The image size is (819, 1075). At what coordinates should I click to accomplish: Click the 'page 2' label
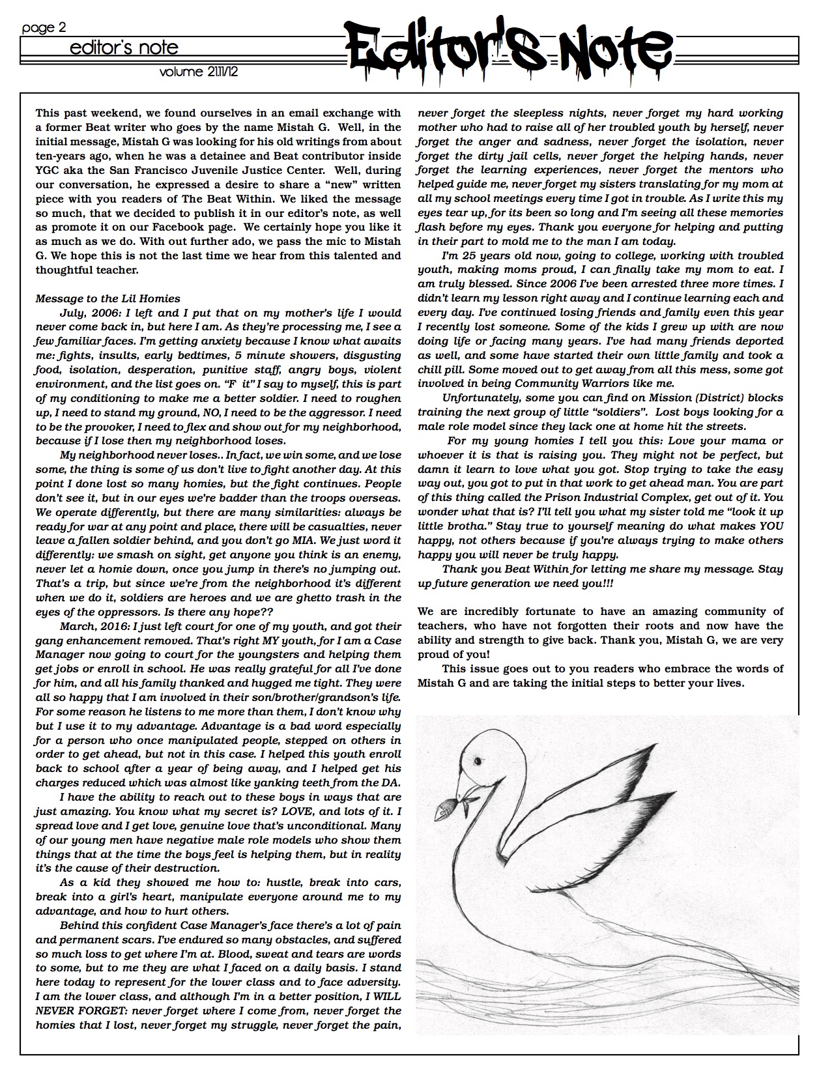(x=44, y=28)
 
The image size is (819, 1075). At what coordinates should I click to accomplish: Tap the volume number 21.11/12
(x=199, y=72)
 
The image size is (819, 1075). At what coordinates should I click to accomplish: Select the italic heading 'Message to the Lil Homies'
(x=108, y=298)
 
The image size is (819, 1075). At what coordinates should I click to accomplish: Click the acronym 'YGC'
(x=48, y=170)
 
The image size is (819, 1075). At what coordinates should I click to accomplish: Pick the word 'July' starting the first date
(x=71, y=313)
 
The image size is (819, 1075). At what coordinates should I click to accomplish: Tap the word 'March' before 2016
(x=78, y=626)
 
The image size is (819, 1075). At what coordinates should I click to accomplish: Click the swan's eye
(x=478, y=761)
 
